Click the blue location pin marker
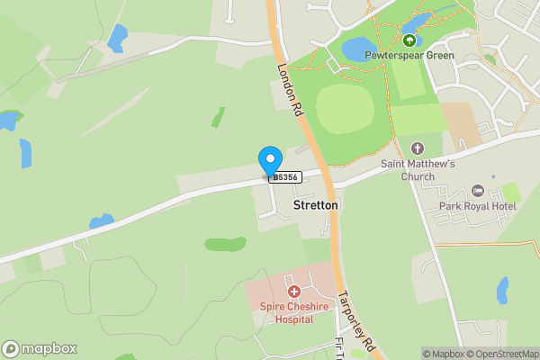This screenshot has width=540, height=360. [269, 161]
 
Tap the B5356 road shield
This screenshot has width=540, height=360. [284, 178]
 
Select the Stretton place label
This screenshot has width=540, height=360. [316, 206]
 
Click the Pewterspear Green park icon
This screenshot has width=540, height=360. [409, 40]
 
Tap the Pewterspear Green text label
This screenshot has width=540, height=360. [409, 56]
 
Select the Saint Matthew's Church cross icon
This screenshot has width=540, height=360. [417, 148]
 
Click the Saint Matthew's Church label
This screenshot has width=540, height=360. [418, 170]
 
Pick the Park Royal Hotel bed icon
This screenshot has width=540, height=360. [477, 192]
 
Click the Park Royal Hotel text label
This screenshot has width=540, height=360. [474, 207]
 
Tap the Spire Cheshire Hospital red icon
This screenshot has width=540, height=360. [293, 291]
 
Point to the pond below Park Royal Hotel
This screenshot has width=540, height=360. [502, 290]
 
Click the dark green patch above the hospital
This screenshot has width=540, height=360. [225, 243]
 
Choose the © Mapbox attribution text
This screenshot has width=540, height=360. [443, 354]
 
